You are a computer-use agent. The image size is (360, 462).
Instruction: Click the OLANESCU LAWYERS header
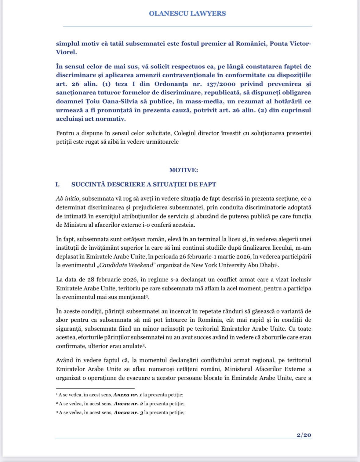[x=187, y=13]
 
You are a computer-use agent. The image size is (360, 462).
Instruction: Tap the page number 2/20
[x=304, y=435]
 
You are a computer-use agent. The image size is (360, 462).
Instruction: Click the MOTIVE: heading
[x=184, y=170]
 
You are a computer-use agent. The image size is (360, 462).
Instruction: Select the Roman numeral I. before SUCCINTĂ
[x=57, y=185]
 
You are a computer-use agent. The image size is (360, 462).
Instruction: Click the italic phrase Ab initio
[x=68, y=199]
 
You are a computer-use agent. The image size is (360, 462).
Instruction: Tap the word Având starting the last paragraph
[x=64, y=360]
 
